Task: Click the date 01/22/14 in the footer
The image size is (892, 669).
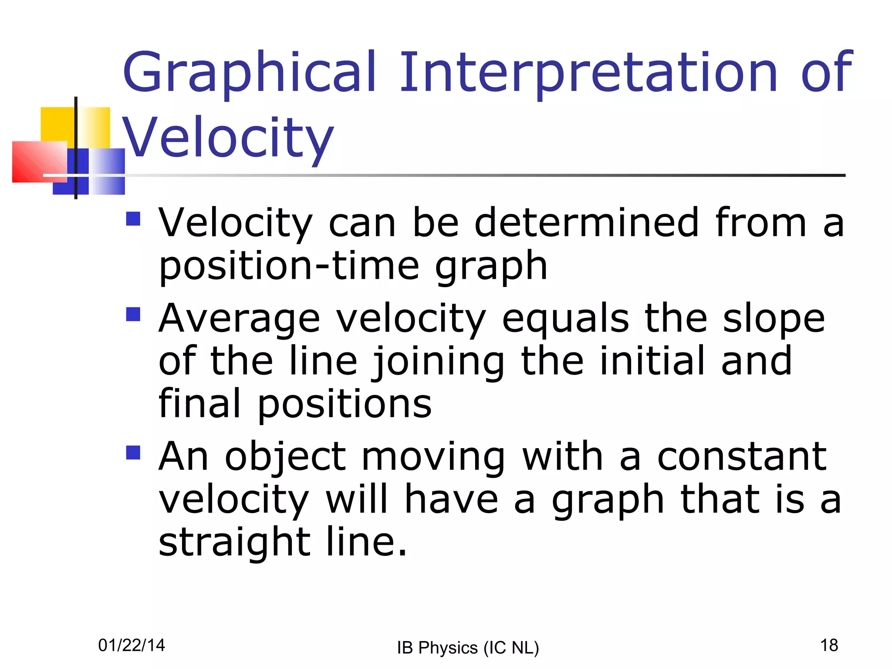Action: (132, 645)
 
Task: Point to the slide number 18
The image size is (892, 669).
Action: (829, 645)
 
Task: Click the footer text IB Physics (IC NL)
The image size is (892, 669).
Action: (468, 648)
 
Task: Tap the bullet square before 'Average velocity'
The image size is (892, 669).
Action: (133, 314)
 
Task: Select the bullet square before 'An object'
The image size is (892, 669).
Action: (133, 453)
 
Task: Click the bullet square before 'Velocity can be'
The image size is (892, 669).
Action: (133, 219)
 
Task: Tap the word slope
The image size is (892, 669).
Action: (774, 319)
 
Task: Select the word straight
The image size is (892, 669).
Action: (234, 543)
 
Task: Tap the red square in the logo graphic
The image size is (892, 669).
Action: (38, 162)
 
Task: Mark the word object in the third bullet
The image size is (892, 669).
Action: (285, 457)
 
